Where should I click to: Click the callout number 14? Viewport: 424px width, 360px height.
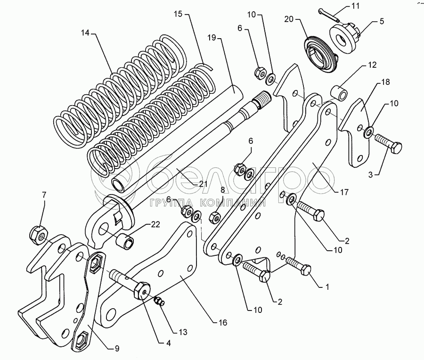tap(85, 33)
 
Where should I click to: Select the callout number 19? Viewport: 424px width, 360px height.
tap(212, 37)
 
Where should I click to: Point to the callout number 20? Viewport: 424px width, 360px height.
tap(289, 19)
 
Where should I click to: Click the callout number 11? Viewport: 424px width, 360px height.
tap(355, 6)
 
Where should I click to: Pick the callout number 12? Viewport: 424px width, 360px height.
tap(372, 65)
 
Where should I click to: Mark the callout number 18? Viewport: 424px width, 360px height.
tap(385, 82)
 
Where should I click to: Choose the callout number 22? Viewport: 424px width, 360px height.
tap(155, 224)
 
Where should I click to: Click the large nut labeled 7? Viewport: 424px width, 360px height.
tap(39, 235)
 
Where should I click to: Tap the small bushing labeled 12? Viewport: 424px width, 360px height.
tap(340, 93)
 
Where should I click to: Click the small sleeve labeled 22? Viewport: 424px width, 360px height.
tap(125, 240)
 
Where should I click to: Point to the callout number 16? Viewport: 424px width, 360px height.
tap(223, 322)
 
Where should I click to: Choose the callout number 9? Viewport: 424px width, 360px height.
tap(116, 348)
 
